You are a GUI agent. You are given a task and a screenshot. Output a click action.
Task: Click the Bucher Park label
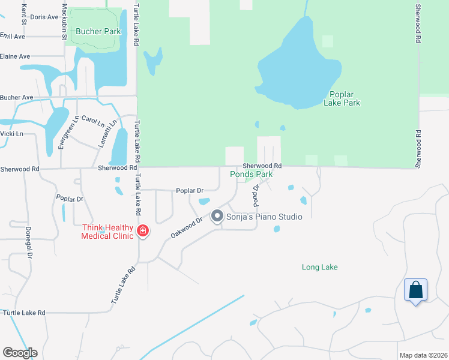coord(94,31)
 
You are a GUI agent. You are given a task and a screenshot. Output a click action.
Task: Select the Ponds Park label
coord(252,175)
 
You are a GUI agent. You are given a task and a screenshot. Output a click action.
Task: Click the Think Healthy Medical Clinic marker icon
coord(143,230)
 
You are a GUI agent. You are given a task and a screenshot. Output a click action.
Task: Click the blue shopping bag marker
coord(415,291)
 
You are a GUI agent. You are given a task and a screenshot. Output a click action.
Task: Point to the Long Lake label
coord(319,267)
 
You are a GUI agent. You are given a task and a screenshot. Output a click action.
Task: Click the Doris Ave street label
coord(44,17)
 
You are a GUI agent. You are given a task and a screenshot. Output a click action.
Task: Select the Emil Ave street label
coord(13,37)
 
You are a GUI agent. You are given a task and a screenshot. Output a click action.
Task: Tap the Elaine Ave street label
coord(16,56)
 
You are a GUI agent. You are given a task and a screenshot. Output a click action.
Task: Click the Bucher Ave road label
coord(16,97)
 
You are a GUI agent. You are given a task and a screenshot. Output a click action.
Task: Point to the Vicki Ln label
coord(11,134)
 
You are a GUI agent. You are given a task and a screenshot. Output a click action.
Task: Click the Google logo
coord(20,353)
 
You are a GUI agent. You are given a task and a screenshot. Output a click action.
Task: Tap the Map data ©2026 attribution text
coord(424,355)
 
